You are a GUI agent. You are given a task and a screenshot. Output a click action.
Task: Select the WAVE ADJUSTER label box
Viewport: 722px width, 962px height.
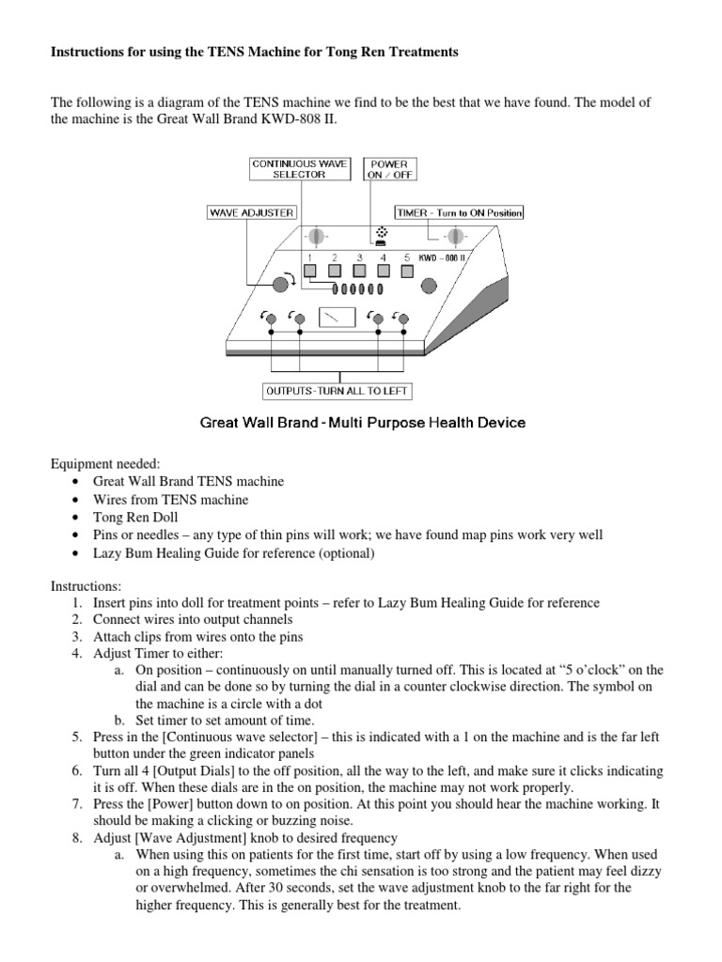point(252,213)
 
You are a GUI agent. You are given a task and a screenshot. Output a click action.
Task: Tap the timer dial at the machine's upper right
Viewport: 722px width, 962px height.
point(456,236)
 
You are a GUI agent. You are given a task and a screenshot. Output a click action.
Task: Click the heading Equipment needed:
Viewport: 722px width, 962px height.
point(94,463)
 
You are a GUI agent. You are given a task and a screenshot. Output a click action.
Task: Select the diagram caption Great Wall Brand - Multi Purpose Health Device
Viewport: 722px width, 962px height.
point(363,423)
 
